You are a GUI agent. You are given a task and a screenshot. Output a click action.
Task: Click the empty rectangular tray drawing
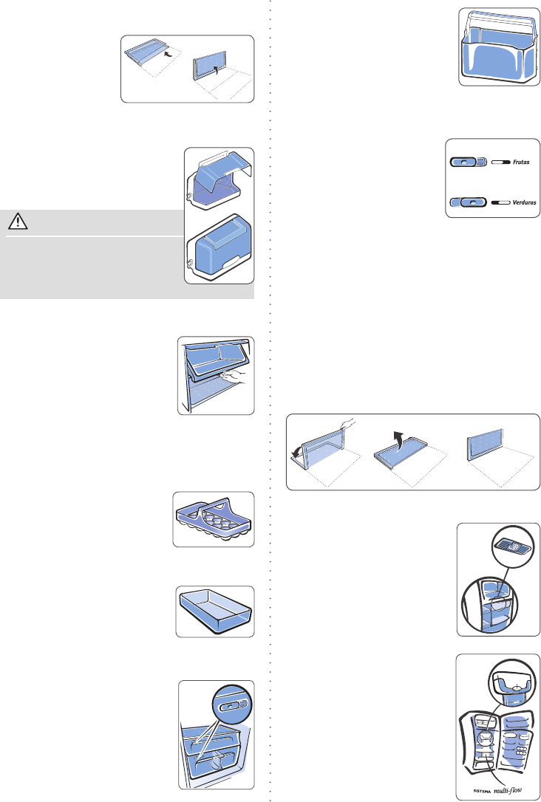[214, 610]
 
